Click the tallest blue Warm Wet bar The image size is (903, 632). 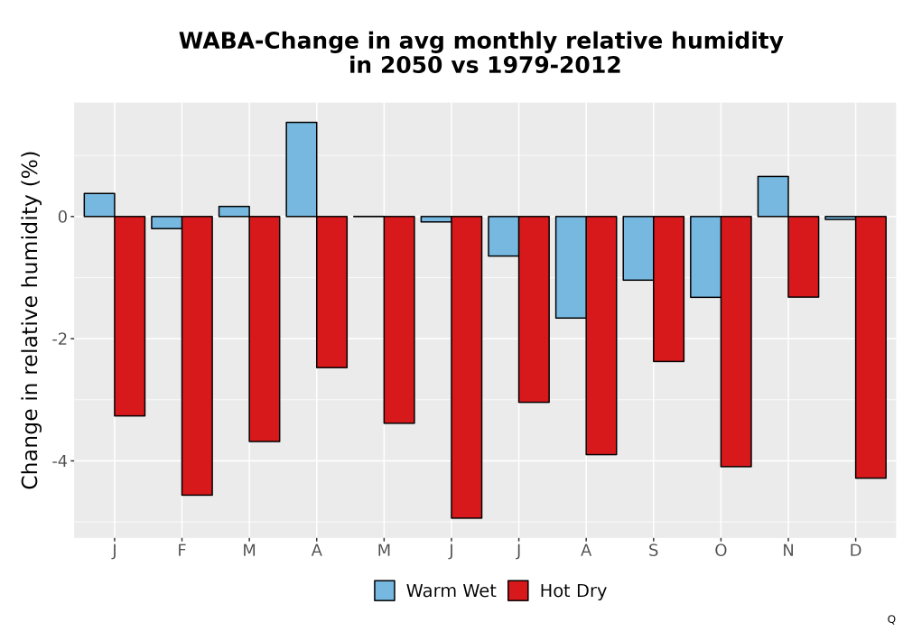[302, 169]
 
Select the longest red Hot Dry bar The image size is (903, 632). [467, 367]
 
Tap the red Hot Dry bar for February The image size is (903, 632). [197, 356]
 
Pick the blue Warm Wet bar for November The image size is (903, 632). [773, 196]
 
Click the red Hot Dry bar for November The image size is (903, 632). [804, 256]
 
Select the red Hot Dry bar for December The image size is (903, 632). [870, 347]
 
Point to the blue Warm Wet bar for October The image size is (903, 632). [705, 256]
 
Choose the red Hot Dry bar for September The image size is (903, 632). [668, 289]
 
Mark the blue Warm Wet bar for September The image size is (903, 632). [638, 248]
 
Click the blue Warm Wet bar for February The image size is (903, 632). [166, 223]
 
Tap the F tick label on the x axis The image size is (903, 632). [182, 551]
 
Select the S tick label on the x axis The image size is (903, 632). [653, 551]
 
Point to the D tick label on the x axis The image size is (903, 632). [856, 551]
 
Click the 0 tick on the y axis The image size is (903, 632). [63, 217]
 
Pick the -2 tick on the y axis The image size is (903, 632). [60, 339]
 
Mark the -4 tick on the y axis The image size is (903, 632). [60, 461]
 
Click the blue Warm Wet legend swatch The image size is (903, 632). [385, 590]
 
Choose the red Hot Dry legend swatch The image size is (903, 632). [518, 590]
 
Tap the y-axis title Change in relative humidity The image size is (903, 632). [30, 320]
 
